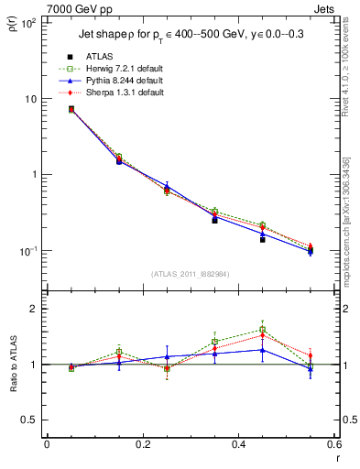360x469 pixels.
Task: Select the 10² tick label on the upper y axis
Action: [28, 23]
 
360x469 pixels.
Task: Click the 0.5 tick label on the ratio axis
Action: [29, 420]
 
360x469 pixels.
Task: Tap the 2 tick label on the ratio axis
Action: [33, 309]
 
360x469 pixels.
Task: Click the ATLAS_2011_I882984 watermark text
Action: [190, 273]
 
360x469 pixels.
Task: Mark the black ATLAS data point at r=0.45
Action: [262, 239]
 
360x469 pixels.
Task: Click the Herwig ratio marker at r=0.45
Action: [262, 330]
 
